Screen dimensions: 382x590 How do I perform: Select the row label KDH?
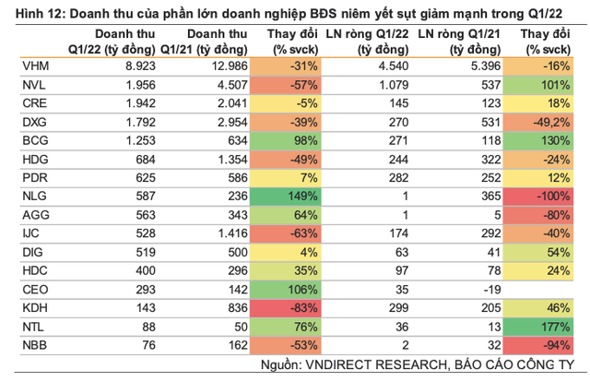[x=31, y=305]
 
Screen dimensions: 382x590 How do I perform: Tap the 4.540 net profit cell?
[x=379, y=66]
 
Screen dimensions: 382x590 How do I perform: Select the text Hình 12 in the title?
[x=31, y=11]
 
